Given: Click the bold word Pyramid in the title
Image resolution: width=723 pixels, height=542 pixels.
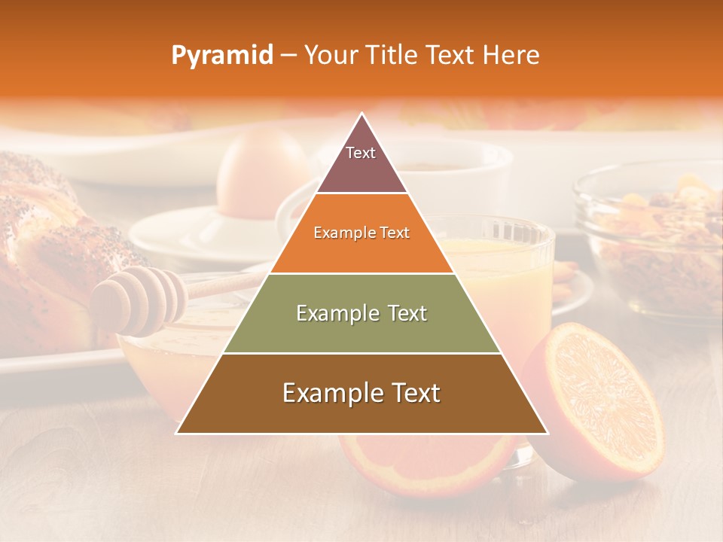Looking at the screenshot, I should [222, 56].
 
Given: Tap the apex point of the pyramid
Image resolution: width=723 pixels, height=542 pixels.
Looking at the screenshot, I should [362, 114].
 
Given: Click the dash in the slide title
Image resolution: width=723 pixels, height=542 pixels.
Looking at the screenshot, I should [288, 56].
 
